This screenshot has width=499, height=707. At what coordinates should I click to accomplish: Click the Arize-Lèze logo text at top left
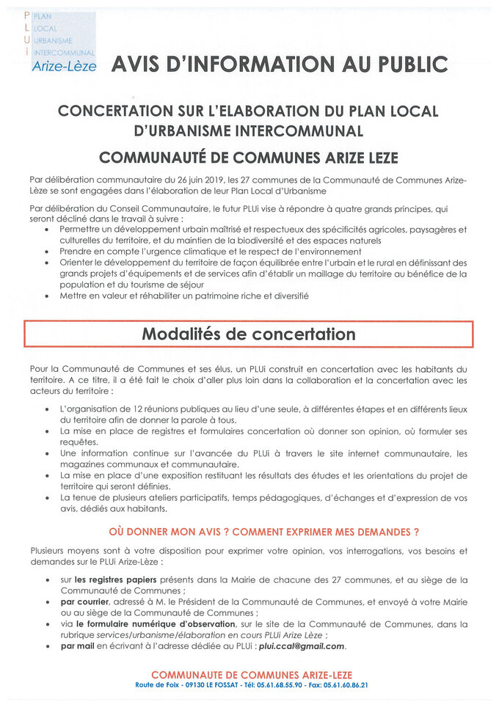click(x=64, y=66)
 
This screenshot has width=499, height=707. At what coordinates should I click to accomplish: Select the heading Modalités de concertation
click(x=248, y=334)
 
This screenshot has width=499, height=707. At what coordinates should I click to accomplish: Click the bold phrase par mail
click(x=78, y=646)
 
